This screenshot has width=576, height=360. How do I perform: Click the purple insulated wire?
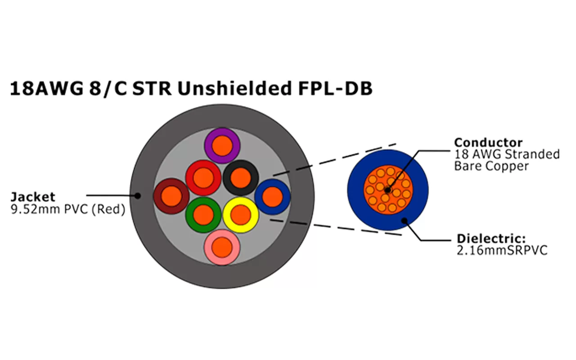[221, 145]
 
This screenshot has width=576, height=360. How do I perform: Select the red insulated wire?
[203, 178]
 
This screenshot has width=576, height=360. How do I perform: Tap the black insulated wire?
[240, 177]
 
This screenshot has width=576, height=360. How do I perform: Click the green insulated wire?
[203, 215]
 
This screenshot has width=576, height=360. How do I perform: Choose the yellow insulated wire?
[240, 215]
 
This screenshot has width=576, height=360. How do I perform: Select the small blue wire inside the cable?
[272, 197]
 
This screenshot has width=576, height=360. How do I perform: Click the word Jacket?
[33, 197]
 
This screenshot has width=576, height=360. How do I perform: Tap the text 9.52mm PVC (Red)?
[67, 209]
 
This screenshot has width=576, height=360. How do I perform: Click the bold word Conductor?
[488, 143]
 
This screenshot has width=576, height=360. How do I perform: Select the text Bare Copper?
[491, 166]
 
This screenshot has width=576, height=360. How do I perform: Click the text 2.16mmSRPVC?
[502, 250]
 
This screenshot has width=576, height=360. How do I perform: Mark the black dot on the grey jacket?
[138, 195]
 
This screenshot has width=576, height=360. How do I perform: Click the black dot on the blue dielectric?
[404, 220]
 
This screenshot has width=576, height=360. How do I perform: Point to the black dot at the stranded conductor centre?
[387, 190]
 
